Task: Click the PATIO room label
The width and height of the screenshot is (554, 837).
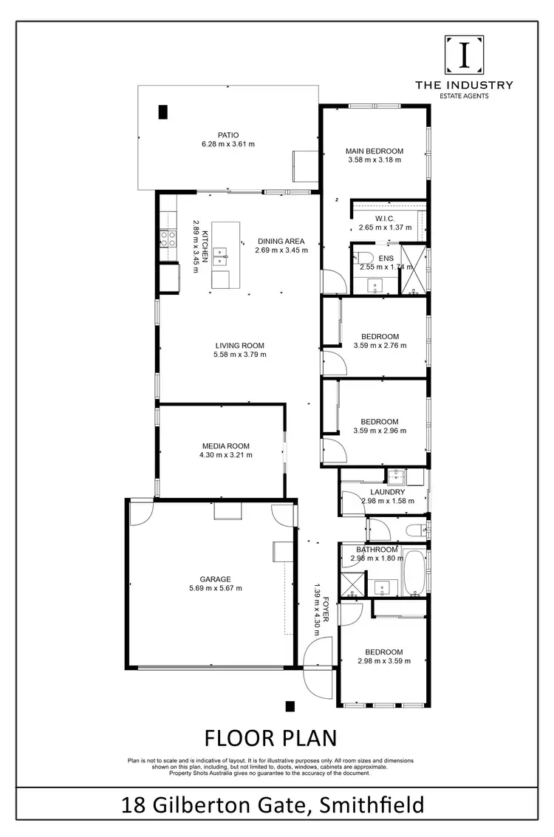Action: tap(228, 134)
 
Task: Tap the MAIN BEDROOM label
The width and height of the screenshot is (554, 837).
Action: tap(375, 151)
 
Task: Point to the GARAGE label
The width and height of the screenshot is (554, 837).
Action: tap(215, 579)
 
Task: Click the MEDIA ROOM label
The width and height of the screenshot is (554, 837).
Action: tap(225, 446)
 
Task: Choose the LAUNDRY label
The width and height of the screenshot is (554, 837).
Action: tap(388, 492)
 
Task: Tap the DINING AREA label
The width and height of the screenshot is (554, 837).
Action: tap(281, 241)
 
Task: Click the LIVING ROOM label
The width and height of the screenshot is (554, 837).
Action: tap(239, 345)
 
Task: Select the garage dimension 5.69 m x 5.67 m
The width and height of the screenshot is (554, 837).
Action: tap(215, 588)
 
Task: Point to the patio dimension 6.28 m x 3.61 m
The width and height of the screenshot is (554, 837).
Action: tap(228, 144)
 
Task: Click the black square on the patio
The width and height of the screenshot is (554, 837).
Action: tap(163, 112)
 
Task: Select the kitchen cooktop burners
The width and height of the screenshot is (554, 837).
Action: tap(168, 239)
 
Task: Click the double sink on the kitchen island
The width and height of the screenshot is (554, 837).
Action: tap(220, 256)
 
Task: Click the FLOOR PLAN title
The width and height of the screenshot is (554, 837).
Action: tap(270, 737)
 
